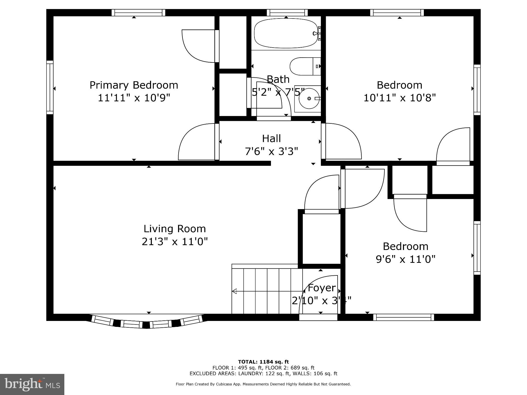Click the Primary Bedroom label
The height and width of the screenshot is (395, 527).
[134, 85]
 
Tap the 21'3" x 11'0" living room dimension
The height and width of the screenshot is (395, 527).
[175, 241]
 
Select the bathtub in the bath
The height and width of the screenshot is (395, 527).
[286, 34]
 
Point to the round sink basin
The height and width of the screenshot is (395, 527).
[309, 98]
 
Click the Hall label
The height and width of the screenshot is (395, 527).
[271, 139]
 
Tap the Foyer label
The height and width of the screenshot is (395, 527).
[322, 288]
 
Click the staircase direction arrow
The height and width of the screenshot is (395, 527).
[235, 291]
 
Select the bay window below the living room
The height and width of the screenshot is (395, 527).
[147, 322]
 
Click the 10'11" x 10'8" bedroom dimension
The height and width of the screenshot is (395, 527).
[399, 98]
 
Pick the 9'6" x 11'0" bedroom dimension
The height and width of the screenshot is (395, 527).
[406, 259]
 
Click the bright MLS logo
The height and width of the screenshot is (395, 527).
[32, 384]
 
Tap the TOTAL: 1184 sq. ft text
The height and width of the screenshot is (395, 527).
[263, 362]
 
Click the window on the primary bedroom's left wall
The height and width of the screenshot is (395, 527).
[50, 87]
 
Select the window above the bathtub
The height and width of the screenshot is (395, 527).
[287, 13]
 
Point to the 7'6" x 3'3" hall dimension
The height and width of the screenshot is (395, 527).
[271, 151]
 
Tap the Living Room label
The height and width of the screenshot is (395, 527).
[174, 229]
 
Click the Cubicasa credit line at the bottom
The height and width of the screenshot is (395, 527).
[263, 384]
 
